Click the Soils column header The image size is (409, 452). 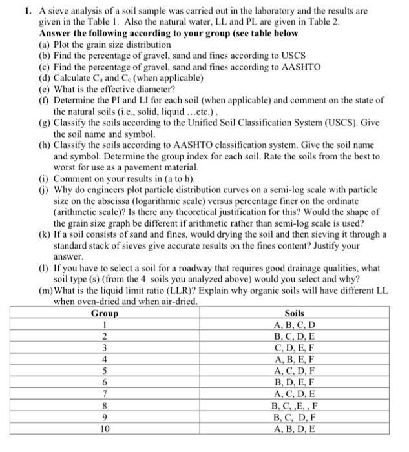[294, 313]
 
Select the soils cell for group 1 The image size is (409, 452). [294, 324]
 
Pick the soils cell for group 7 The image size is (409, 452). [294, 394]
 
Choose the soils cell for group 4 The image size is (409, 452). [294, 359]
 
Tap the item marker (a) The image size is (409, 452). [45, 45]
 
